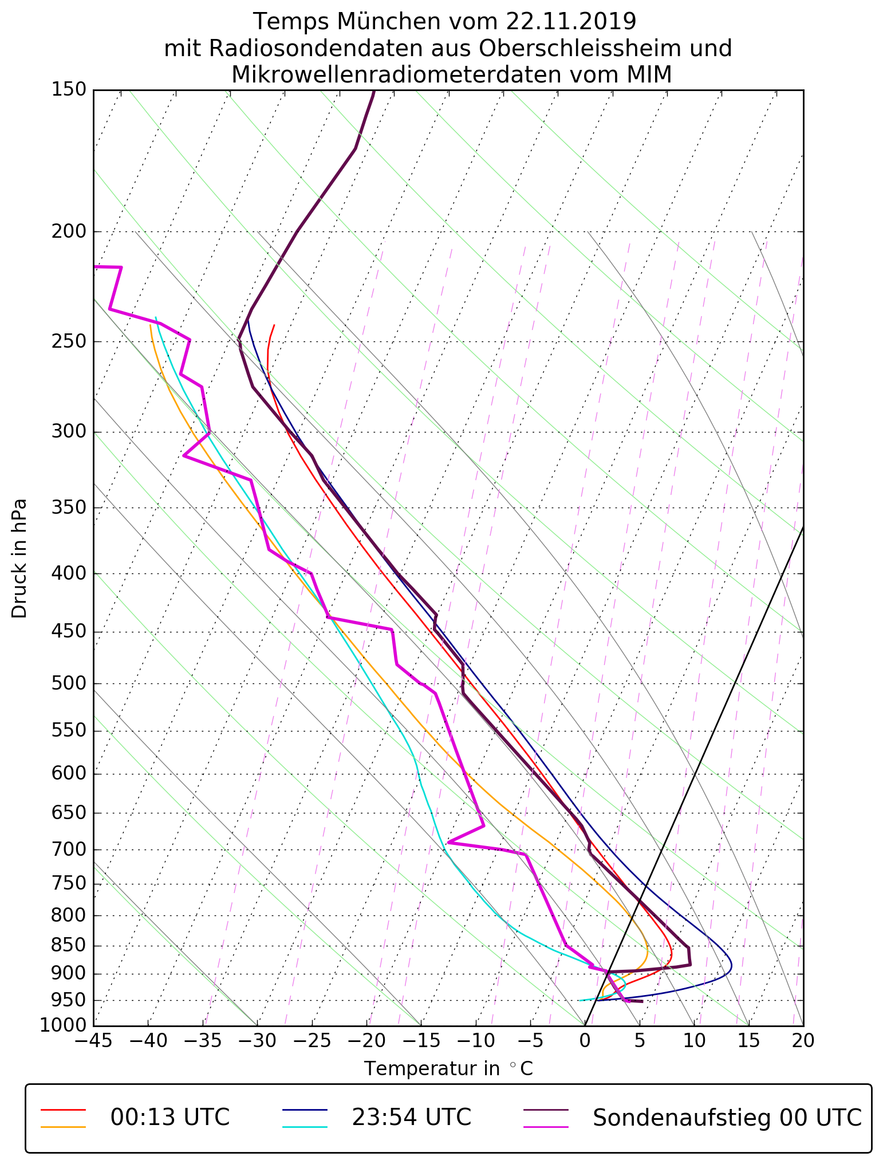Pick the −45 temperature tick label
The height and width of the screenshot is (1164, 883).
coord(93,1040)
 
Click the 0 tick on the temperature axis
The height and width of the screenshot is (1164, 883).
coord(585,1040)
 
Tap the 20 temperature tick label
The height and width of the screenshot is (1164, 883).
coord(803,1040)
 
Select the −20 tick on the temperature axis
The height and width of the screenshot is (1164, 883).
coord(366,1040)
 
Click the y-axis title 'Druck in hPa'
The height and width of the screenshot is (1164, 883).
coord(19,559)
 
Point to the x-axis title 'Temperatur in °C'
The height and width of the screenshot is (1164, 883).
coord(448,1069)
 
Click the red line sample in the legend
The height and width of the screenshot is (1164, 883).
coord(63,1110)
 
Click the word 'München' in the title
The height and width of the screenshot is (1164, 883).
coord(389,22)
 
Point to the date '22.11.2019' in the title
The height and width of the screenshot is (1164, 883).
coord(571,22)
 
